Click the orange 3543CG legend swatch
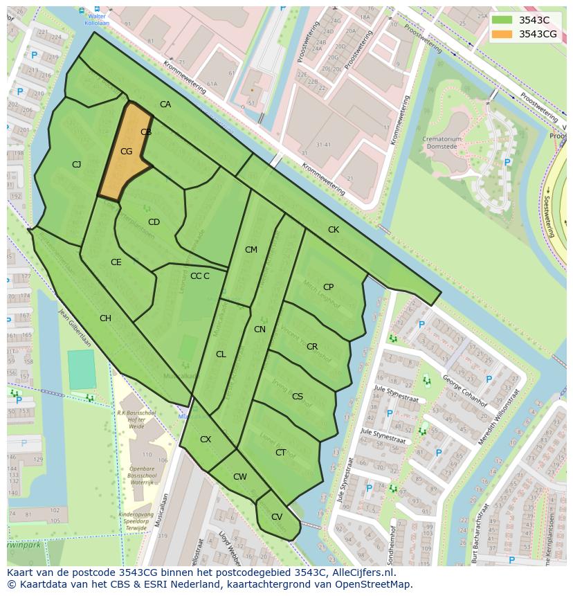pyautogui.click(x=502, y=34)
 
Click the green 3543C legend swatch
pyautogui.click(x=502, y=19)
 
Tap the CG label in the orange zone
pyautogui.click(x=126, y=152)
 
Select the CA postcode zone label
pyautogui.click(x=165, y=105)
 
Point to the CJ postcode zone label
pyautogui.click(x=77, y=164)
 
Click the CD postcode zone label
pyautogui.click(x=154, y=222)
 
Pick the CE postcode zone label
pyautogui.click(x=116, y=262)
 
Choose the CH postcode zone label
pyautogui.click(x=105, y=318)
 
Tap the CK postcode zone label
pyautogui.click(x=334, y=229)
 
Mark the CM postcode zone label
pyautogui.click(x=251, y=250)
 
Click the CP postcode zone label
pyautogui.click(x=328, y=287)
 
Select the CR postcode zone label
pyautogui.click(x=312, y=347)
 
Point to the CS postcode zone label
pyautogui.click(x=298, y=397)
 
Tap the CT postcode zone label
pyautogui.click(x=280, y=453)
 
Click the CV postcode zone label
pyautogui.click(x=276, y=517)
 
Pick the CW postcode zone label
pyautogui.click(x=239, y=477)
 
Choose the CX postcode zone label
pyautogui.click(x=206, y=440)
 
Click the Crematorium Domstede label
pyautogui.click(x=442, y=143)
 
